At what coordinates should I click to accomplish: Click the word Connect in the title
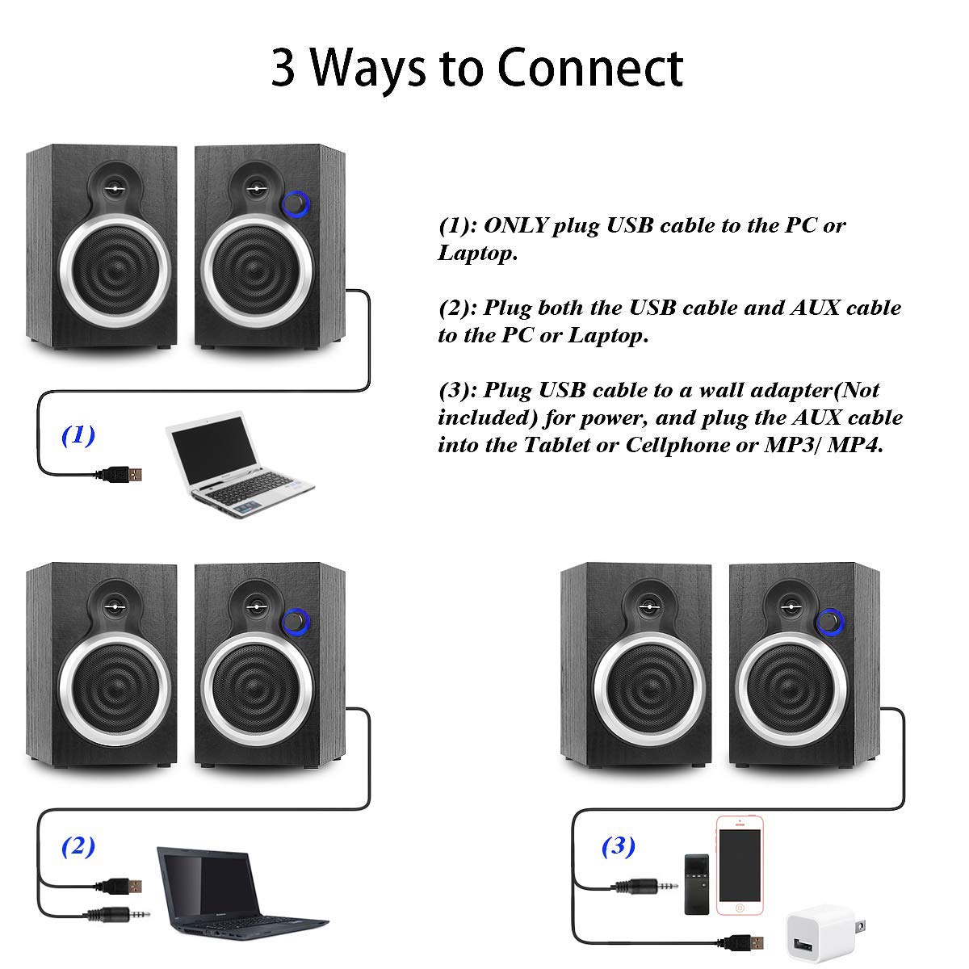pos(589,68)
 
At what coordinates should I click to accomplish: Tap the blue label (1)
pos(78,435)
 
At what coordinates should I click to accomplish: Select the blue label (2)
pos(78,847)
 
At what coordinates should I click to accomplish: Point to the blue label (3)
pos(619,846)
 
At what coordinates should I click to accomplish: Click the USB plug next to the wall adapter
pos(743,940)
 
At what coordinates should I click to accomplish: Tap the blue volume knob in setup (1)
pos(296,203)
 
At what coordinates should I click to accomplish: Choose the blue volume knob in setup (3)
pos(828,622)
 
